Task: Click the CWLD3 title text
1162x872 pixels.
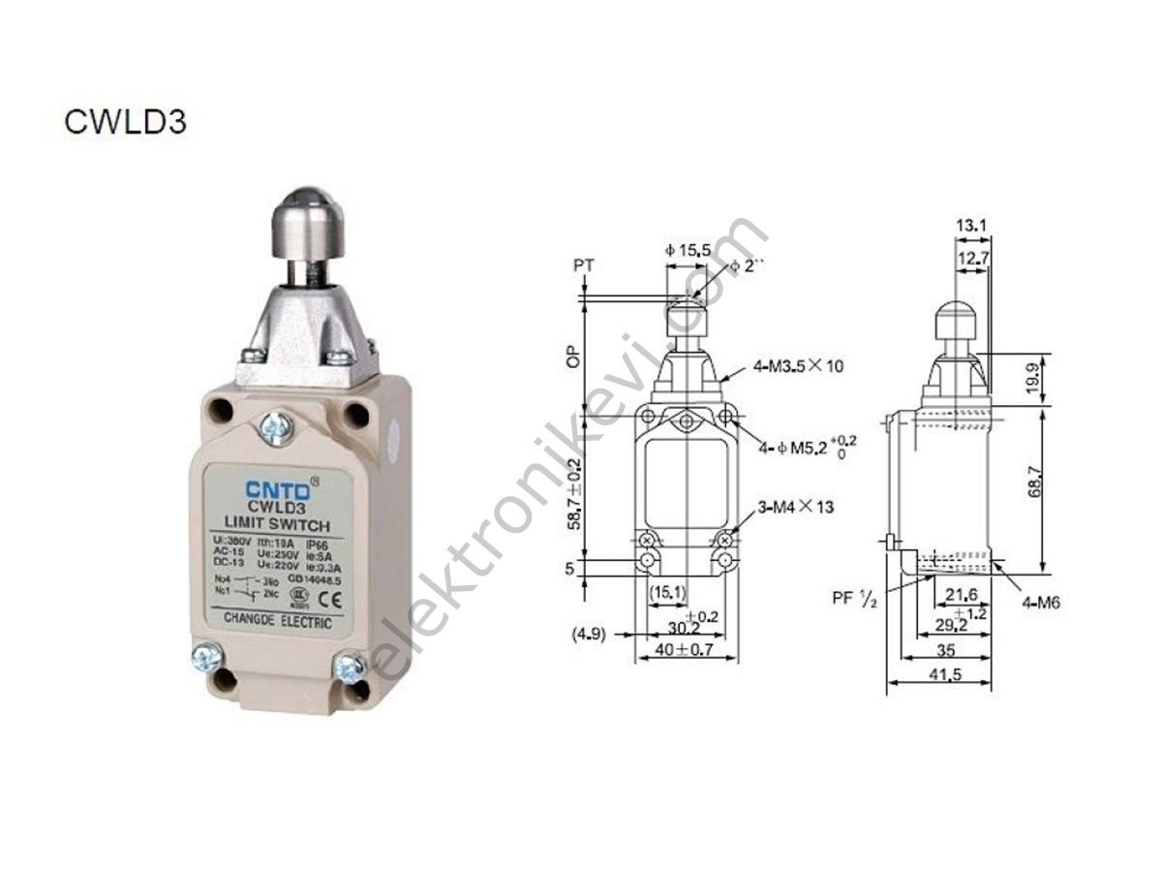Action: pos(125,122)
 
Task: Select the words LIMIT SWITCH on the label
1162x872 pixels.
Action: pos(271,524)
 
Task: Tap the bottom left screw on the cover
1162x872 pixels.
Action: pos(207,659)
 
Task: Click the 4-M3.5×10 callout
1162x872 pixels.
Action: pos(800,366)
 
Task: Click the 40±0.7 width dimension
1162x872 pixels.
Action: pos(685,650)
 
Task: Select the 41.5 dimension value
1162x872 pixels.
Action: pos(936,675)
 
